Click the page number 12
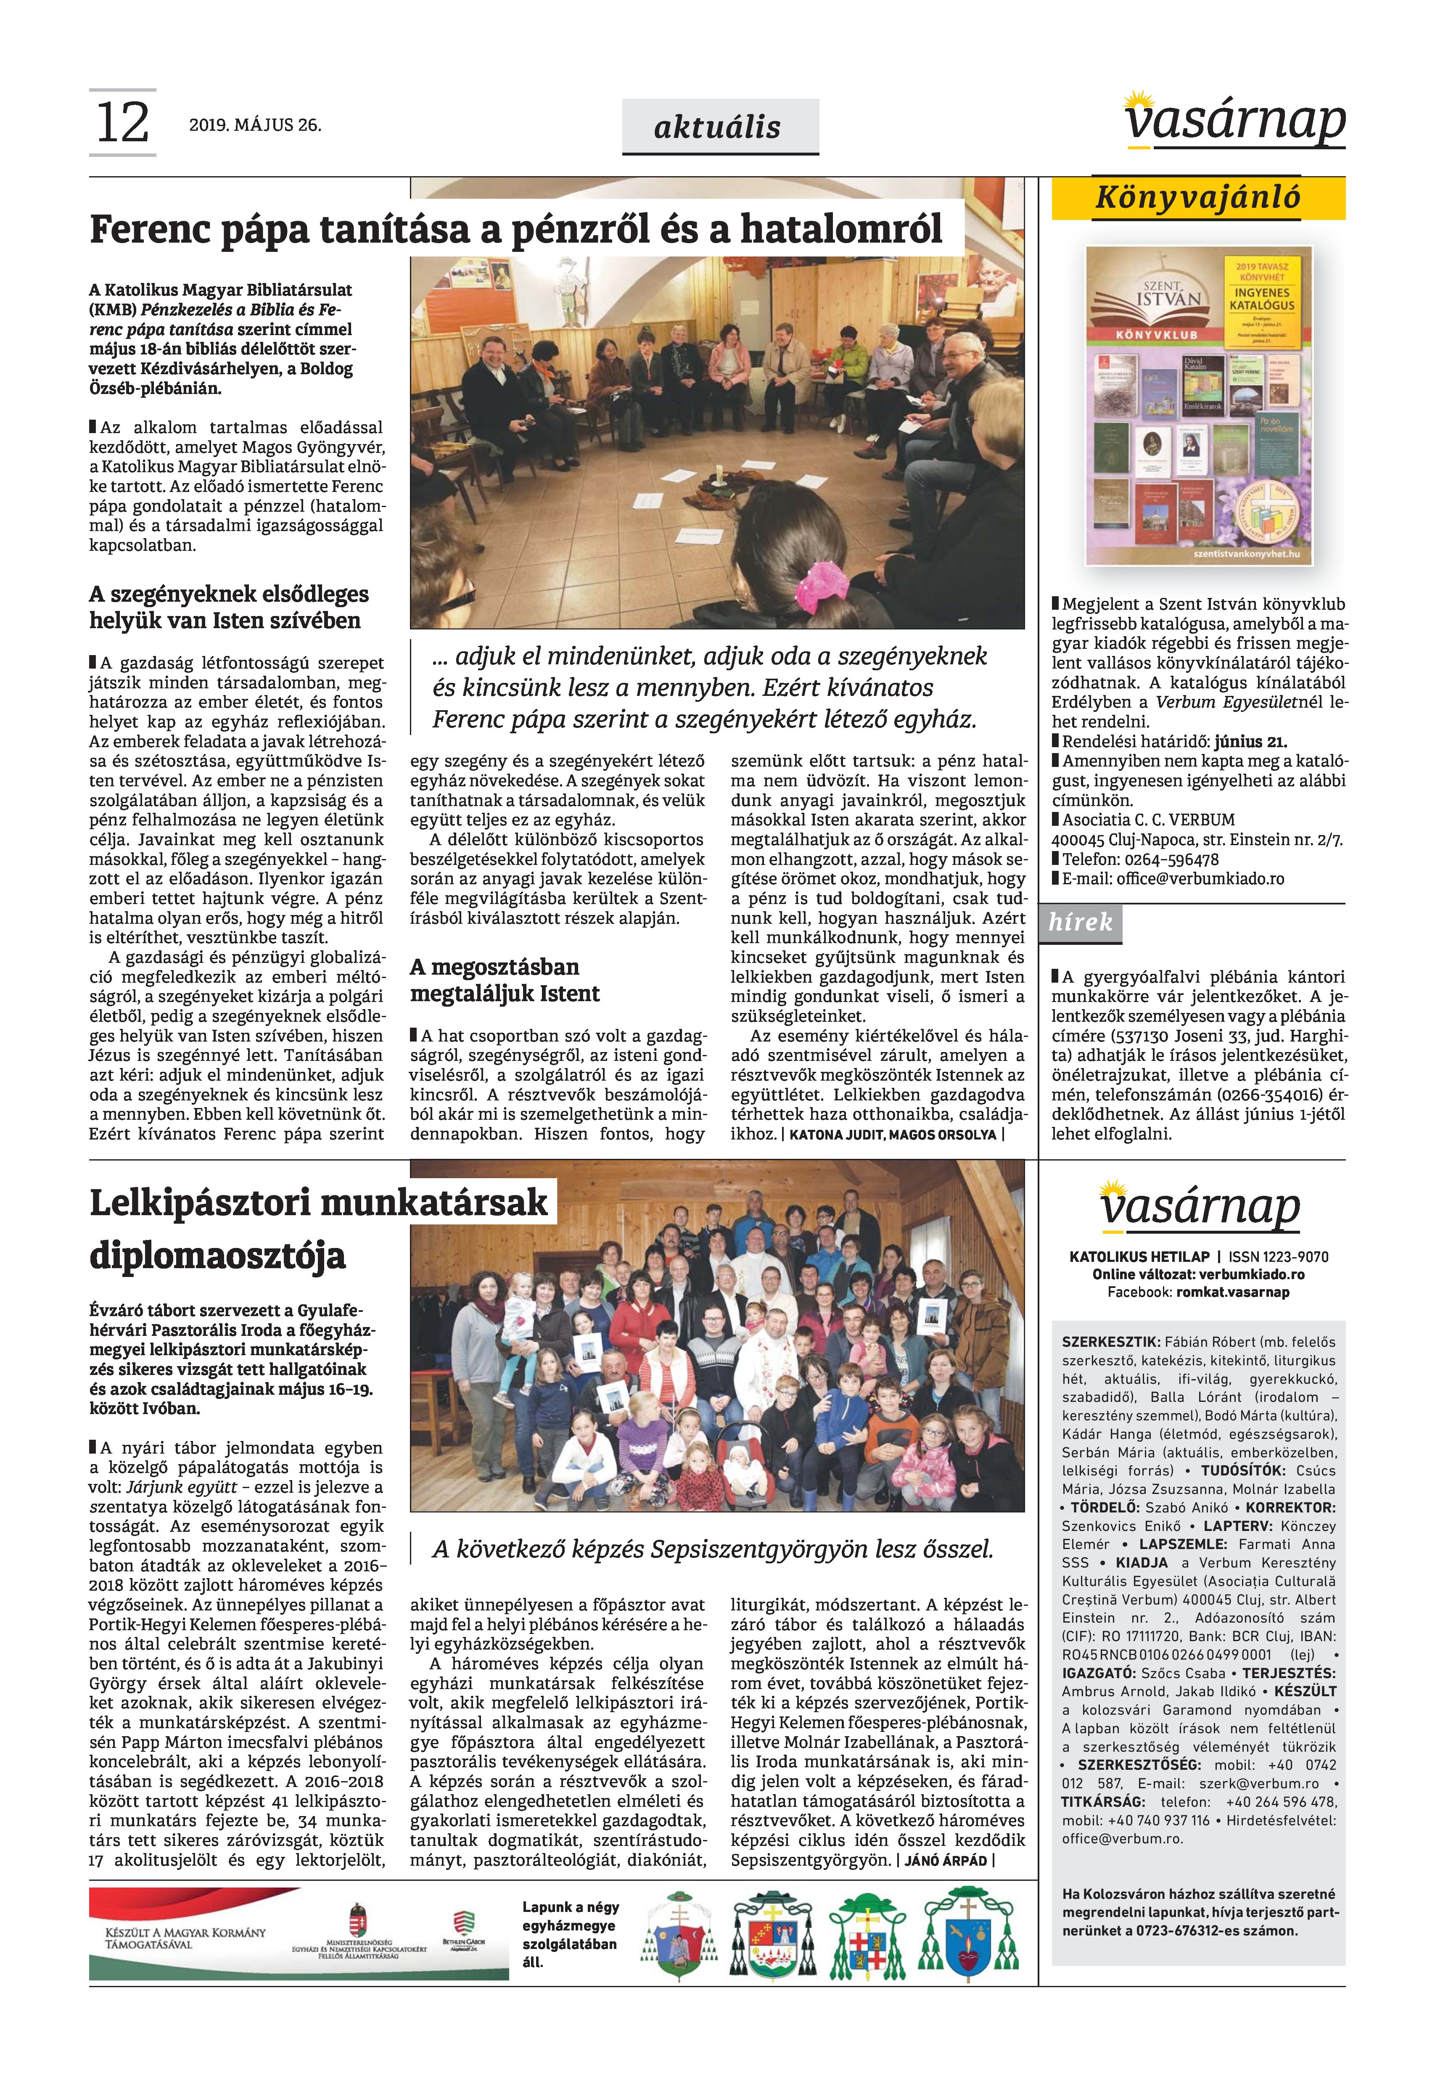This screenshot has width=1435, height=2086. coord(122,123)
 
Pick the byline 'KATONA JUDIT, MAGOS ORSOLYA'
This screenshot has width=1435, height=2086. coord(893,1135)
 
